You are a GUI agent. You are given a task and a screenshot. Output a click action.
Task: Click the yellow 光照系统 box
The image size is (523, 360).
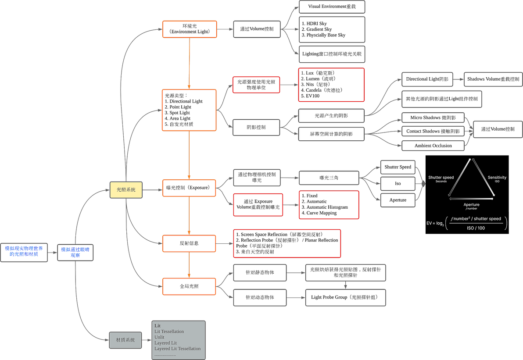[x=126, y=190]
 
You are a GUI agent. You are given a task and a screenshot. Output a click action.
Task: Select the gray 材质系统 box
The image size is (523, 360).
[x=125, y=340]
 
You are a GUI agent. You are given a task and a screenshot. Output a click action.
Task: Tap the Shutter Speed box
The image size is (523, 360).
[x=398, y=167]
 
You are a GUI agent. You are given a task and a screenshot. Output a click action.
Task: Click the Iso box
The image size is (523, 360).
[x=398, y=183]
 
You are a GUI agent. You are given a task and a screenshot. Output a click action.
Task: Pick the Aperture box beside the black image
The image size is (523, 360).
[x=398, y=200]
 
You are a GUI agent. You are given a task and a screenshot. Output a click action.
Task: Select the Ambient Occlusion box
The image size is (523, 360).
[x=433, y=146]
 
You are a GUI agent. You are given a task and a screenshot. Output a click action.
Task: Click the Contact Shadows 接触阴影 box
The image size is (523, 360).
[x=433, y=132]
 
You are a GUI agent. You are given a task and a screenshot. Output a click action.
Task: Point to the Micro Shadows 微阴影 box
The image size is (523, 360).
[x=433, y=118]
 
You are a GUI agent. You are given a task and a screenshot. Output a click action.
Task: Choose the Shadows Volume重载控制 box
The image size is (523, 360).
[x=493, y=79]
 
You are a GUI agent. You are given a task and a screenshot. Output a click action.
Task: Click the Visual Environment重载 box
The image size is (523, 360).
[x=332, y=7]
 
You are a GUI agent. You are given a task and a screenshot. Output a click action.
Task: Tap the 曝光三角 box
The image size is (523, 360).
[x=329, y=178]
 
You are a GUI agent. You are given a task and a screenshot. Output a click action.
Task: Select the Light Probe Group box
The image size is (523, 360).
[x=346, y=297]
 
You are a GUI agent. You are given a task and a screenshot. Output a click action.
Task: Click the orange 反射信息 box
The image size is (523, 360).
[x=189, y=243]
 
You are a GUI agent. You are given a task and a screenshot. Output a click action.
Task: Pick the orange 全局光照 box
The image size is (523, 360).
[x=189, y=286]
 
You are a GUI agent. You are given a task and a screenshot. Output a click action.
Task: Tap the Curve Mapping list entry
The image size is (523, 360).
[x=322, y=213]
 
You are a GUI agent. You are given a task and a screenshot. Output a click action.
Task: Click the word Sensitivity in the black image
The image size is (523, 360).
[x=497, y=177]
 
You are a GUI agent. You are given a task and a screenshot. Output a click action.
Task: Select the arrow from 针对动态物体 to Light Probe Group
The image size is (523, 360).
[x=296, y=297]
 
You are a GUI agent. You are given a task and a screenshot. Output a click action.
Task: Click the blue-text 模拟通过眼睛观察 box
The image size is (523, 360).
[x=75, y=252]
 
